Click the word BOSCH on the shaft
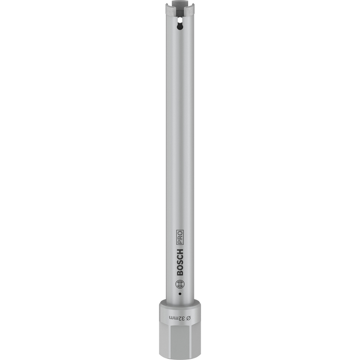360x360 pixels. click(180, 262)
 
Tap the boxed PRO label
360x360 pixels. click(180, 237)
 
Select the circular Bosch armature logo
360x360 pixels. click(179, 284)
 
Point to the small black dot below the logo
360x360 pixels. click(180, 294)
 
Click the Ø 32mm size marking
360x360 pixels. click(180, 318)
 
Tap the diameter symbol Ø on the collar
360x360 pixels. click(189, 318)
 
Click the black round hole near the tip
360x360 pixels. click(179, 27)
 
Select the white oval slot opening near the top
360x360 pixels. click(179, 21)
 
